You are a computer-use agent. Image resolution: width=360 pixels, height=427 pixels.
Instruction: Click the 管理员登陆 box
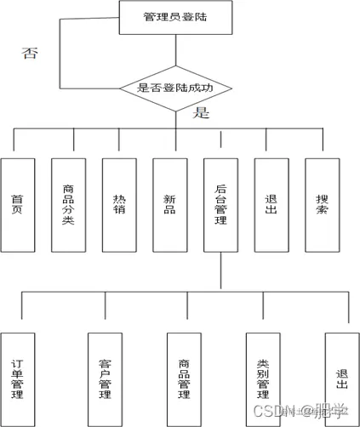[175, 17]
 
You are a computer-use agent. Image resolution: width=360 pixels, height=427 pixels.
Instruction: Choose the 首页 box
[17, 204]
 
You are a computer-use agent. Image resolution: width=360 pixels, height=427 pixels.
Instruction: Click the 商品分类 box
[68, 204]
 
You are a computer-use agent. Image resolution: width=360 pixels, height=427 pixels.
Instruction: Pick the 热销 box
[118, 204]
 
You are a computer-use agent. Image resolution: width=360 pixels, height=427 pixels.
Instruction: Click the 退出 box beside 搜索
[271, 204]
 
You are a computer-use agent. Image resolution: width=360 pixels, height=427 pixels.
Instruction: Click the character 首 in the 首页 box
[17, 197]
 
